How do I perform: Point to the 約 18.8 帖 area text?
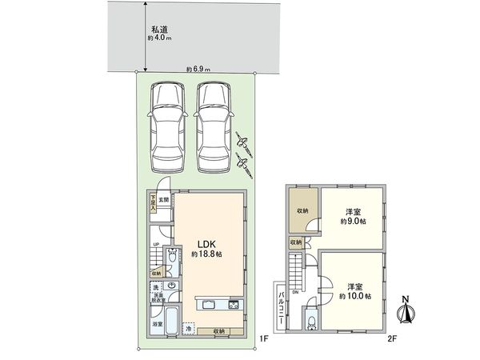[x=206, y=254]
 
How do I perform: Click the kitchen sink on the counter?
[x=206, y=305]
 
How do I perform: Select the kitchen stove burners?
[x=234, y=305]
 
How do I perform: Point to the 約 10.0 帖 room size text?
[x=353, y=294]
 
